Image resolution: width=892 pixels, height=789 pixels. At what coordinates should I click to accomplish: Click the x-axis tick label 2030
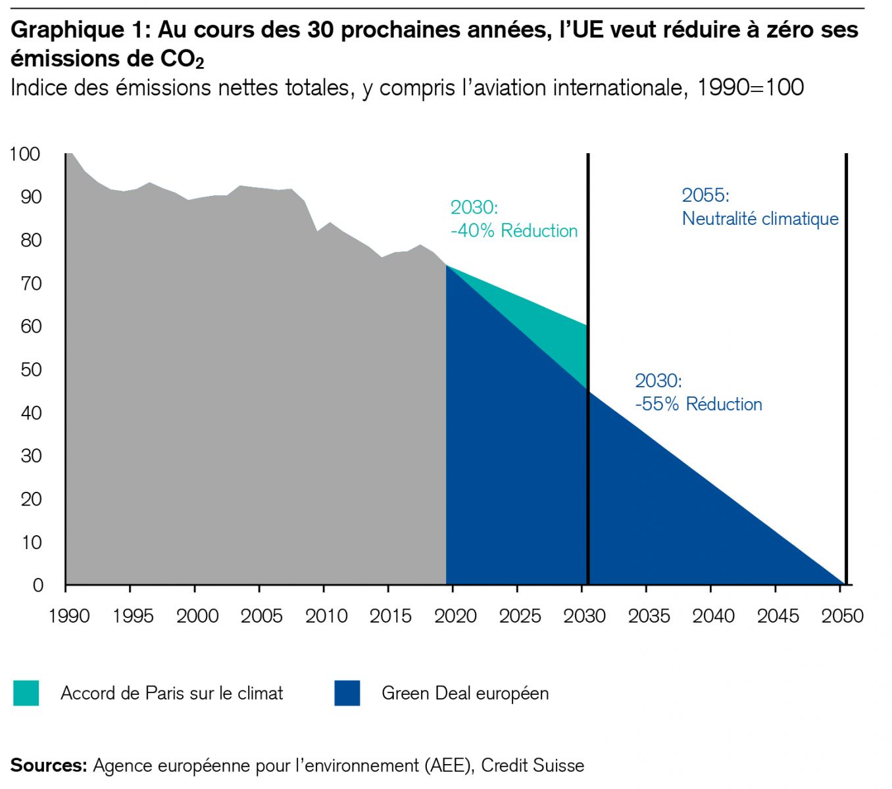pyautogui.click(x=584, y=616)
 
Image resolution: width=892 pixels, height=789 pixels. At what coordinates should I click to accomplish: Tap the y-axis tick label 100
pyautogui.click(x=25, y=155)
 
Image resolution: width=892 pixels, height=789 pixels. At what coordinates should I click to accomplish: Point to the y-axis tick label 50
pyautogui.click(x=31, y=370)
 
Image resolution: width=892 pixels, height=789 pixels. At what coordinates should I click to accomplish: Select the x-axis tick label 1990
pyautogui.click(x=68, y=616)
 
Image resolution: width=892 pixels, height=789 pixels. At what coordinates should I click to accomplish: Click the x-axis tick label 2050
pyautogui.click(x=842, y=616)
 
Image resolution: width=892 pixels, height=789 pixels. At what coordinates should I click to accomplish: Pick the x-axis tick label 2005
pyautogui.click(x=261, y=616)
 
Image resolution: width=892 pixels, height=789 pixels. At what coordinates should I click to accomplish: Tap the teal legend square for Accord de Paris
pyautogui.click(x=26, y=693)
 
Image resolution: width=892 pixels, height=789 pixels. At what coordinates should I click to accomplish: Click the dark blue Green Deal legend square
pyautogui.click(x=347, y=693)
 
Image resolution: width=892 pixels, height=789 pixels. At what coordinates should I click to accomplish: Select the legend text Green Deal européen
pyautogui.click(x=464, y=693)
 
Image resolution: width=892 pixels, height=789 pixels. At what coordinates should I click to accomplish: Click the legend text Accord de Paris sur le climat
pyautogui.click(x=172, y=693)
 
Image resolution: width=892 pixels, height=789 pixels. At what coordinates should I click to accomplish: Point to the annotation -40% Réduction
pyautogui.click(x=514, y=231)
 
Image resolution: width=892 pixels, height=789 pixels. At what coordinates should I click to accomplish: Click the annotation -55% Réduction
pyautogui.click(x=699, y=404)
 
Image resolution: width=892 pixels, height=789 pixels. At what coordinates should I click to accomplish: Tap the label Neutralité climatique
pyautogui.click(x=760, y=219)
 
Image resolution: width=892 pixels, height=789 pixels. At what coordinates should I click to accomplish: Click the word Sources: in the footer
pyautogui.click(x=49, y=766)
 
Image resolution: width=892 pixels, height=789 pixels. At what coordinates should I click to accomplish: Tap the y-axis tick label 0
pyautogui.click(x=37, y=585)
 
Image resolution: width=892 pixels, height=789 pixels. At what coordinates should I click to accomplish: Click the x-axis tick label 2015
pyautogui.click(x=390, y=616)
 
